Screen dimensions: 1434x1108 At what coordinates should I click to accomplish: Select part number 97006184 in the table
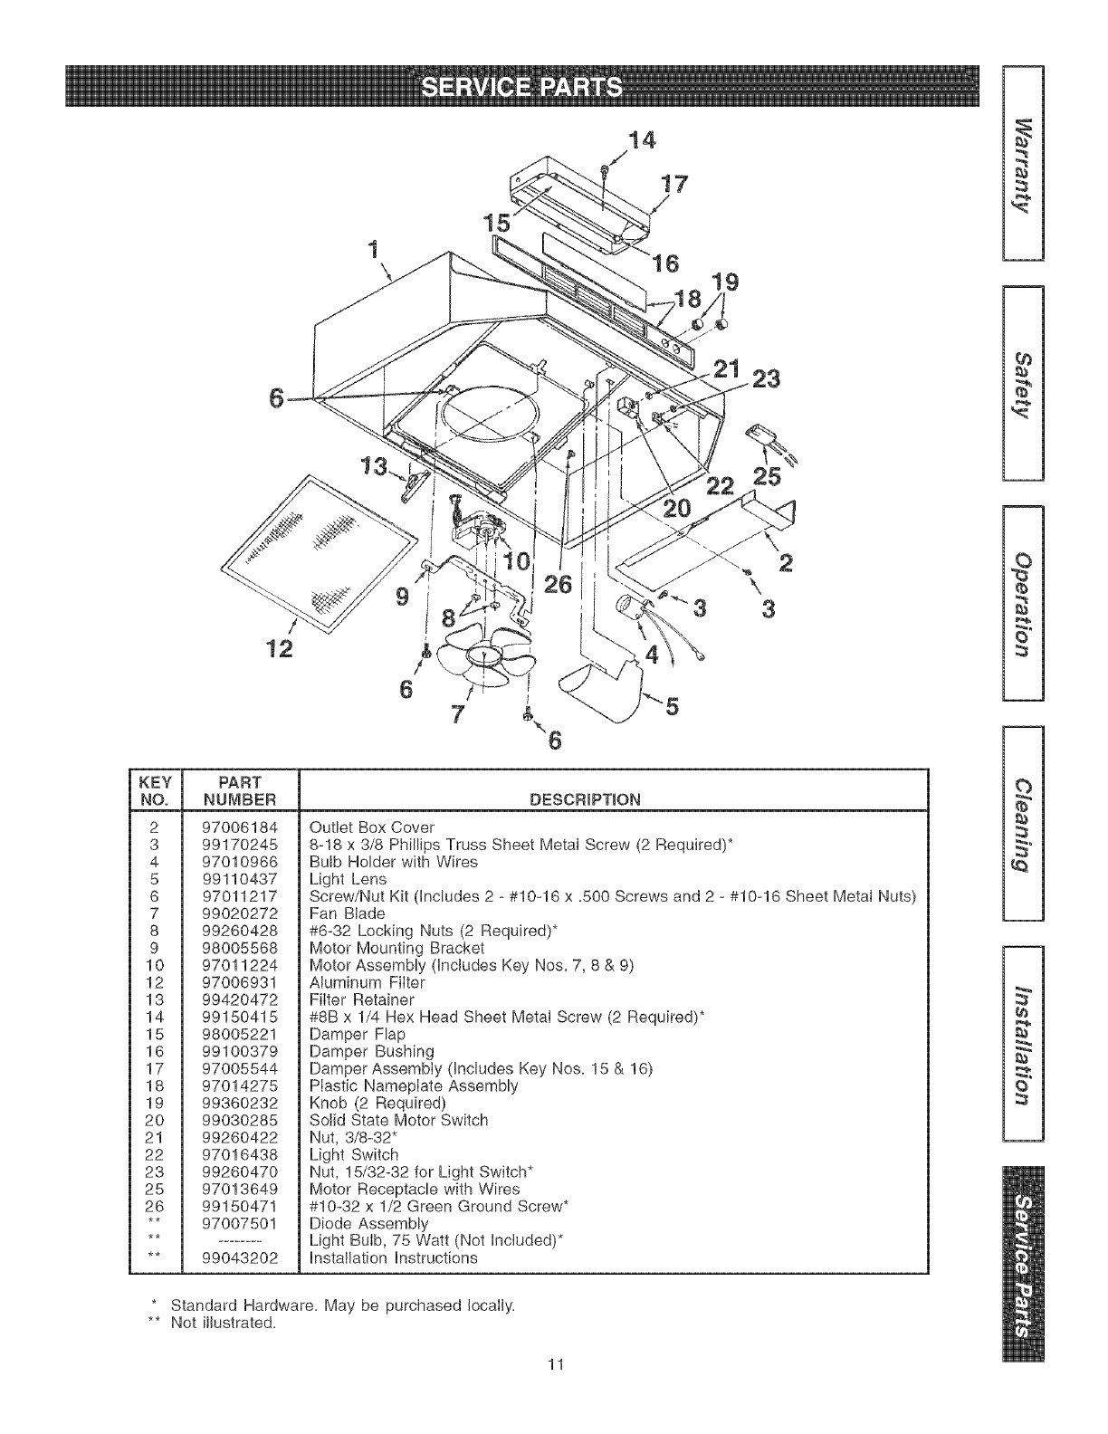[x=240, y=827]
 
